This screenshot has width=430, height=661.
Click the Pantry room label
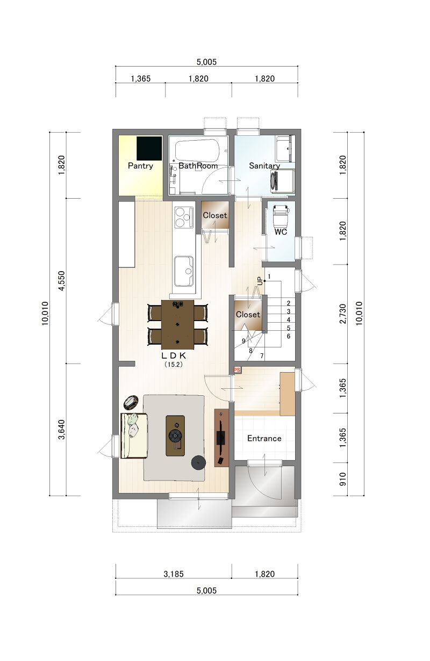click(x=140, y=166)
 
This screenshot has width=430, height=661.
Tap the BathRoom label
click(x=198, y=166)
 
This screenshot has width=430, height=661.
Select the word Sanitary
click(x=264, y=166)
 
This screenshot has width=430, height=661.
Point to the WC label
click(x=281, y=232)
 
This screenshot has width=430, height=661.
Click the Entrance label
click(x=264, y=438)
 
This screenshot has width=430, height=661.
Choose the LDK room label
click(x=174, y=355)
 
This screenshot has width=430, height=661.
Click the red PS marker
click(x=237, y=369)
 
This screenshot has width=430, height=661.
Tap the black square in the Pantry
click(x=149, y=148)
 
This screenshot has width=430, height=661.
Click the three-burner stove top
click(x=184, y=217)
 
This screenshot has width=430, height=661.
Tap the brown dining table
click(x=177, y=324)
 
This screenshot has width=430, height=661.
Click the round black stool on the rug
click(x=198, y=463)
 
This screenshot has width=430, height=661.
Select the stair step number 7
click(x=262, y=356)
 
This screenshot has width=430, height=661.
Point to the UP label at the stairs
click(x=260, y=281)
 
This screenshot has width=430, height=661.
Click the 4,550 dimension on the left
click(x=62, y=281)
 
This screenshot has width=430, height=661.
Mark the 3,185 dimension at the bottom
click(x=174, y=574)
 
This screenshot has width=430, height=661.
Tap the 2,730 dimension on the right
click(x=342, y=314)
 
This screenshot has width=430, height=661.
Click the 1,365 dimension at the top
click(x=141, y=78)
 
